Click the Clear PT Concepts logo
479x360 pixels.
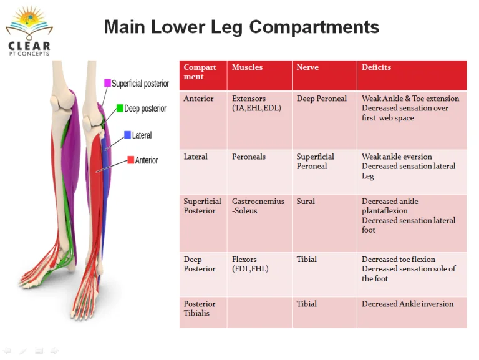coord(29,31)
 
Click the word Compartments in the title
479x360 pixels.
coord(314,27)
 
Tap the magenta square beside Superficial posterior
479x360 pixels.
coord(107,83)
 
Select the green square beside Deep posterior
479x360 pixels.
coord(120,108)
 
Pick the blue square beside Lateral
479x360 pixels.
coord(128,135)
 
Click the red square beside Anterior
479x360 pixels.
coord(131,160)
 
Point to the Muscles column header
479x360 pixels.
coord(247,67)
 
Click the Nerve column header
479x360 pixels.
coord(307,67)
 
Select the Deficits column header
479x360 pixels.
coord(376,67)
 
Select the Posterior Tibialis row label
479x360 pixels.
coord(200,309)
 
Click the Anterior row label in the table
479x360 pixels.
coord(198,99)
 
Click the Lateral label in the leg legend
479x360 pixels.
coord(142,135)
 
